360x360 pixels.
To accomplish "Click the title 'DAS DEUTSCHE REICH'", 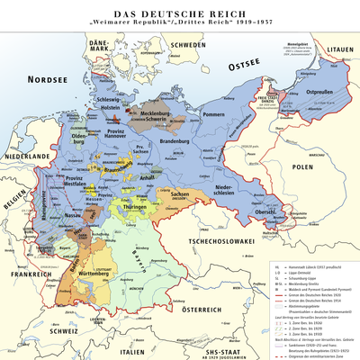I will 180,10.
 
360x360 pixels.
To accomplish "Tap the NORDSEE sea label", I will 49,80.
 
